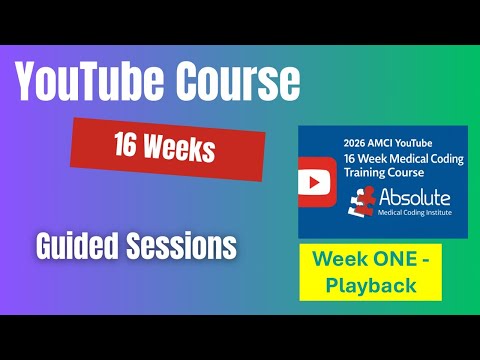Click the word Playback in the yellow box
[x=370, y=285]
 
